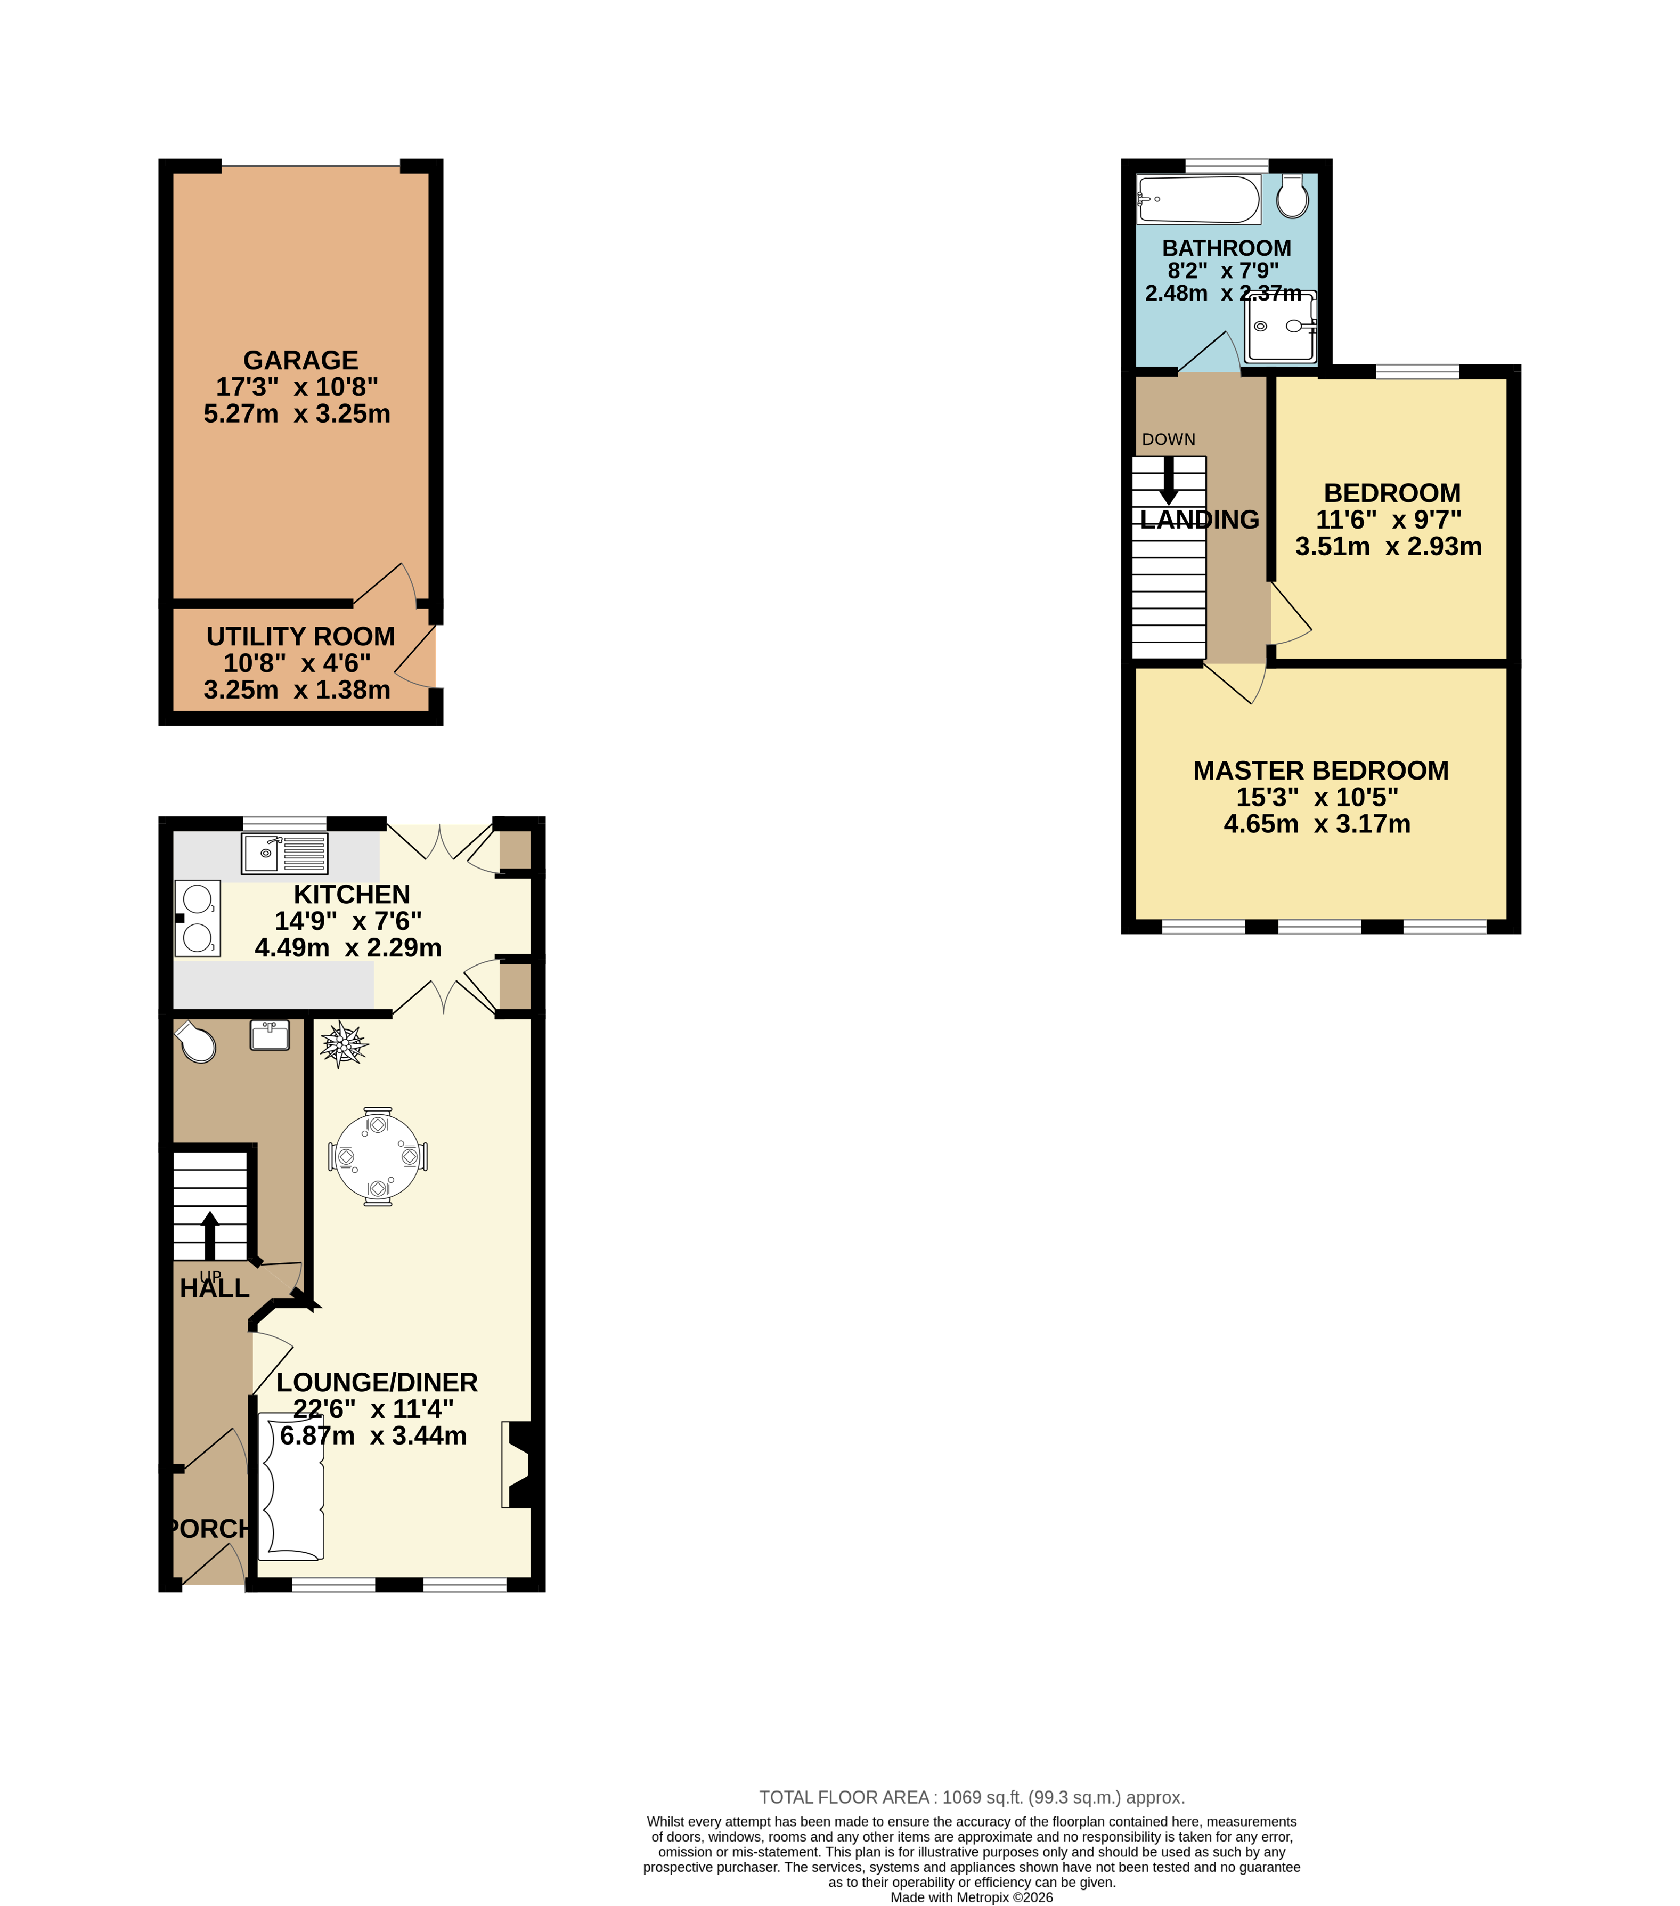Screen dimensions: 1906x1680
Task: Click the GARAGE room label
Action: [300, 360]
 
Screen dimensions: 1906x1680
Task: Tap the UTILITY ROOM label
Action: [300, 636]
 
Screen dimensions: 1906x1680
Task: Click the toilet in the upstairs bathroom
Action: [1292, 196]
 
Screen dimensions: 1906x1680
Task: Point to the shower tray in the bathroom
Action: [1281, 326]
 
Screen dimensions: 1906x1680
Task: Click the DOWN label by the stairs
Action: [1168, 439]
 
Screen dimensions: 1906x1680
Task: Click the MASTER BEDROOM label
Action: [1320, 770]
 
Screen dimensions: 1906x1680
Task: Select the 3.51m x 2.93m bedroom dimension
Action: [1388, 547]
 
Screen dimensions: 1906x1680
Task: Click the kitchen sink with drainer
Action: [284, 853]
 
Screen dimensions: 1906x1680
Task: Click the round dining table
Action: [378, 1156]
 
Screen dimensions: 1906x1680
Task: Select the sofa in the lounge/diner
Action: [291, 1487]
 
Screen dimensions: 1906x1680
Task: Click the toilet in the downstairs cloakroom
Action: [196, 1042]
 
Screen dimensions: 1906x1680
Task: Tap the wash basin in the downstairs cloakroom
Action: [270, 1035]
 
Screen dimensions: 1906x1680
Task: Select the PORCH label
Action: [210, 1528]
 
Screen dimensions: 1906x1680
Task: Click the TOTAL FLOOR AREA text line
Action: [972, 1797]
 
